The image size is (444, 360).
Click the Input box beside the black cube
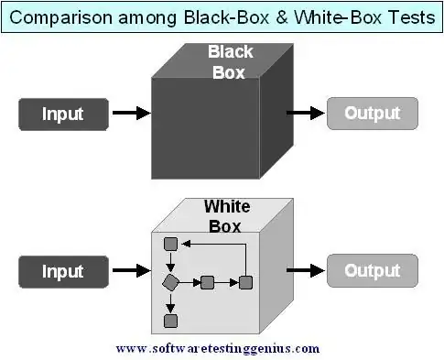[x=62, y=114]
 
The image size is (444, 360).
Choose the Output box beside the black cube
[x=373, y=114]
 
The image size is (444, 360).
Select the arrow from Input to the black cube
[x=131, y=114]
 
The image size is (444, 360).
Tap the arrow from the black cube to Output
[x=306, y=114]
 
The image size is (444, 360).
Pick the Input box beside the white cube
[x=62, y=271]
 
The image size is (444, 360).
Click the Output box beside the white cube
[x=373, y=271]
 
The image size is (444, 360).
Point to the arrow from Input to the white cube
[x=131, y=271]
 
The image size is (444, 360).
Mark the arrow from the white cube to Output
[x=306, y=271]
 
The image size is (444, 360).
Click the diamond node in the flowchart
[x=169, y=281]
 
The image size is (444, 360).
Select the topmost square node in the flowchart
[x=169, y=244]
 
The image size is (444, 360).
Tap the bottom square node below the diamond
[x=169, y=321]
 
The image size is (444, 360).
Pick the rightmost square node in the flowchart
[x=245, y=281]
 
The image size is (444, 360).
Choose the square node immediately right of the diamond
[x=207, y=281]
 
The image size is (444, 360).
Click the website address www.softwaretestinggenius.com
[x=218, y=348]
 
